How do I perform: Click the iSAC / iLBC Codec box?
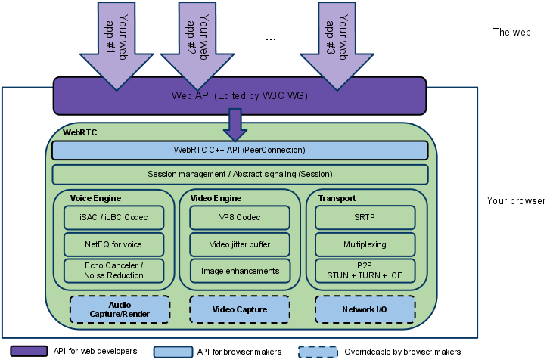click(x=114, y=218)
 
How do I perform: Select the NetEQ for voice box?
click(x=114, y=244)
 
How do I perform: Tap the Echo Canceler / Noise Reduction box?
click(x=114, y=271)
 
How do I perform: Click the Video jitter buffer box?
click(x=240, y=244)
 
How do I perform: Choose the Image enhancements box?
click(x=240, y=271)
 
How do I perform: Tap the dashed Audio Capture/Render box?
click(x=120, y=309)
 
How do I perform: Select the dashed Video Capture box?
click(x=240, y=309)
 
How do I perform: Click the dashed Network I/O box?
click(x=365, y=309)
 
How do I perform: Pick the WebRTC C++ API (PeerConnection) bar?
click(x=240, y=151)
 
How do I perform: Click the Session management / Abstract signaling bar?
click(x=240, y=175)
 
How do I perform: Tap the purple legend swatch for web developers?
click(x=28, y=352)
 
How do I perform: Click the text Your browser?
click(x=516, y=201)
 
